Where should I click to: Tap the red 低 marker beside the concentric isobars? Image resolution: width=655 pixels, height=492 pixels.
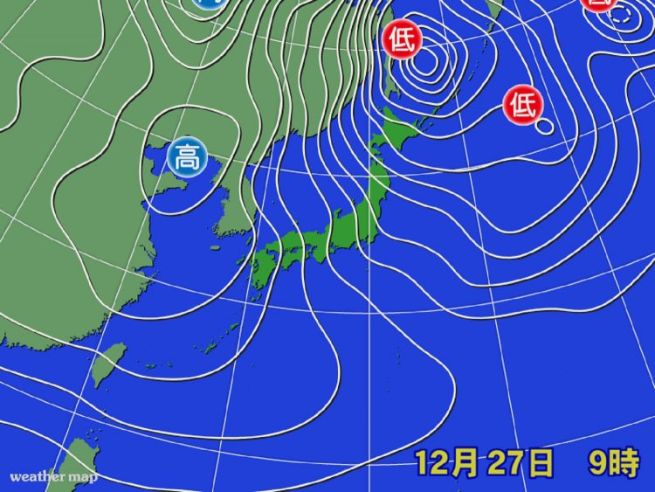(x=403, y=39)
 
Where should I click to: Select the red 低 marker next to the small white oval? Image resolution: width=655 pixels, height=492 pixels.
(x=523, y=106)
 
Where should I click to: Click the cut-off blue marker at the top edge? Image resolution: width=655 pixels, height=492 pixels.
(x=207, y=3)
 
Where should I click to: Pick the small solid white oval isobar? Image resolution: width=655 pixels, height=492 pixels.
(x=544, y=128)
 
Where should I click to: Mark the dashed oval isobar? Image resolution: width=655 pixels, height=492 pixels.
(x=623, y=15)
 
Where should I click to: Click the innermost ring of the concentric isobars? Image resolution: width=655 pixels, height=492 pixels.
(x=425, y=61)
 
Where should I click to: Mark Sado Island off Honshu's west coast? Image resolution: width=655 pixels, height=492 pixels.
(x=333, y=212)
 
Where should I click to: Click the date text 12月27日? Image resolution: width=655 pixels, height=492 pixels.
(x=484, y=463)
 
